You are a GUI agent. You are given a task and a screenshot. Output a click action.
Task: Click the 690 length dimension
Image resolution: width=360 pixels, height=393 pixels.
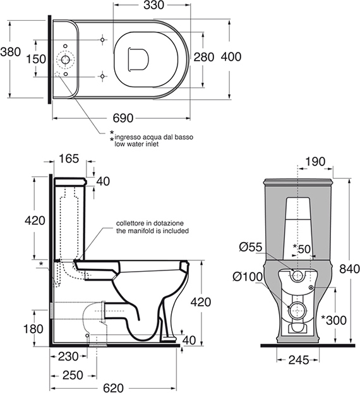pos(123,118)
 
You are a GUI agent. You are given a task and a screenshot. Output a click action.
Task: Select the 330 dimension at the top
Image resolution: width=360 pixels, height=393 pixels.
pos(153,6)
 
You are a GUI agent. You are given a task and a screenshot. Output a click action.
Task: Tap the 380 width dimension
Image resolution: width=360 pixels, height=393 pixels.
pos(10,52)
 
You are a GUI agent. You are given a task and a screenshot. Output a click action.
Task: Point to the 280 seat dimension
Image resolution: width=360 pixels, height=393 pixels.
pos(204,57)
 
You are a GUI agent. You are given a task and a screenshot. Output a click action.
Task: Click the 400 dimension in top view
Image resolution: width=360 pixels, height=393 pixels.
pos(231,57)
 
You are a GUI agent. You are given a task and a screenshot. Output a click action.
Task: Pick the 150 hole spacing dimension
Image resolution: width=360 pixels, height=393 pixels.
pos(37,59)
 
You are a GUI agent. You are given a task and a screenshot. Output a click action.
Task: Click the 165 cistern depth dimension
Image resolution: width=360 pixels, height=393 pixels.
pos(69,159)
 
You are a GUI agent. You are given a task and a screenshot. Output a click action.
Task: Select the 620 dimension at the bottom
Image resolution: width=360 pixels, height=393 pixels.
pos(114,388)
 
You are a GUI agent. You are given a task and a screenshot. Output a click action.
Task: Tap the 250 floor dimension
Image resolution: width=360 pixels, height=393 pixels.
pos(73,375)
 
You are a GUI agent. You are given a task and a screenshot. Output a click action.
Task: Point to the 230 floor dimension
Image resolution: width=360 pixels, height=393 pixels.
pos(68,356)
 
